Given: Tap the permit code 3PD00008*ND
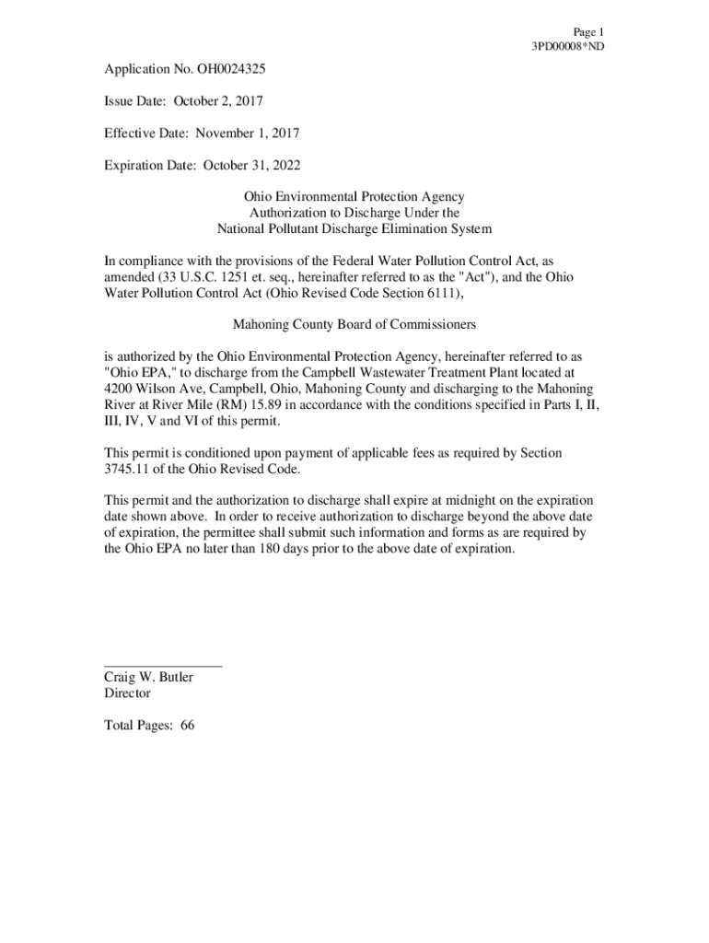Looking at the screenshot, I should [x=568, y=46].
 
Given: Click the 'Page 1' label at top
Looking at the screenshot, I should [x=588, y=31].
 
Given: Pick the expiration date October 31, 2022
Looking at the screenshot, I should [x=251, y=166].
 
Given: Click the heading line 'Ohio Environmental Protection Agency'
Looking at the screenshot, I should [x=354, y=197].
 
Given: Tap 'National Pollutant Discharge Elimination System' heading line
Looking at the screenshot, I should [x=354, y=228].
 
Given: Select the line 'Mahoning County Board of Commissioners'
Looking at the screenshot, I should [x=354, y=324].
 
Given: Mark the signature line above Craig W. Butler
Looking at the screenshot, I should [x=162, y=665].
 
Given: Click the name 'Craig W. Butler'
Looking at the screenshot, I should [x=148, y=678].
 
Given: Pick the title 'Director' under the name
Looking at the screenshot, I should [x=127, y=693].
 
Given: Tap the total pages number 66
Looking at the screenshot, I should [x=188, y=726].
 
